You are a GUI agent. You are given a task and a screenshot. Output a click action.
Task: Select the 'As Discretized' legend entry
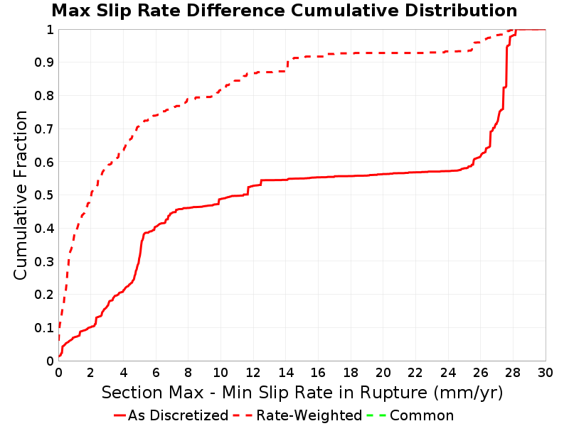click(171, 415)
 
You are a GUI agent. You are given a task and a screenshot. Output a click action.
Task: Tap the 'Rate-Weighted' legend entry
click(297, 415)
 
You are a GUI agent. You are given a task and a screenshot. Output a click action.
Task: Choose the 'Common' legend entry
click(410, 415)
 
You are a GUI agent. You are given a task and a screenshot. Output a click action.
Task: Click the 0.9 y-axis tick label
click(44, 62)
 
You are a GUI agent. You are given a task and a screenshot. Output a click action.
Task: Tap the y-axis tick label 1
click(50, 30)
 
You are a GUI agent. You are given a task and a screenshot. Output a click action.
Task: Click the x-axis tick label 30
click(546, 372)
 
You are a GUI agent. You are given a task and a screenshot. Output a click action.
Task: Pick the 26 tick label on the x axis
click(481, 372)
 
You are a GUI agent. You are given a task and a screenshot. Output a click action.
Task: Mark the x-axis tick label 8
click(188, 372)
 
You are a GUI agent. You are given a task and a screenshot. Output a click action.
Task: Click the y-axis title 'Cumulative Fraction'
click(21, 195)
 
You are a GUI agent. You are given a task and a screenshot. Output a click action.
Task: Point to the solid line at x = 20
click(383, 174)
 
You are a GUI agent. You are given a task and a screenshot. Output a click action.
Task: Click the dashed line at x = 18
click(351, 53)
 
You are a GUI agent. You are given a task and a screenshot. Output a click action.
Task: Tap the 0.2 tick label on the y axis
click(44, 295)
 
